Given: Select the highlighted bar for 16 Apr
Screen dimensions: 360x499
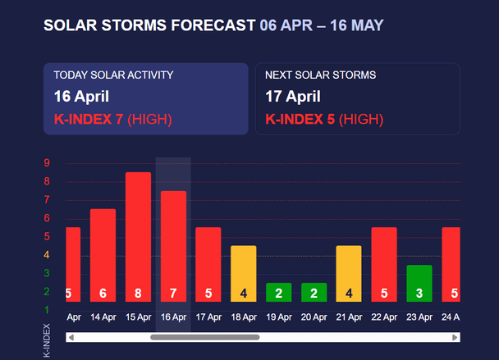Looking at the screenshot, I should pyautogui.click(x=173, y=246).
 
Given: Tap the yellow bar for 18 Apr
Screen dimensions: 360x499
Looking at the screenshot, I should pyautogui.click(x=243, y=273).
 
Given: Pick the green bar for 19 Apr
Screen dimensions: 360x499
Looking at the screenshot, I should pyautogui.click(x=278, y=292).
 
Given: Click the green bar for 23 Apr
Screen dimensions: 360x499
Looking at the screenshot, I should pyautogui.click(x=419, y=283).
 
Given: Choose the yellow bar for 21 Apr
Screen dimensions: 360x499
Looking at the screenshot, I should pyautogui.click(x=349, y=273).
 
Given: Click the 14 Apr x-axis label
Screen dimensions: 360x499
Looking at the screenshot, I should pyautogui.click(x=103, y=317).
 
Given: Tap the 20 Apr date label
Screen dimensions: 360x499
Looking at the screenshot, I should pyautogui.click(x=314, y=317).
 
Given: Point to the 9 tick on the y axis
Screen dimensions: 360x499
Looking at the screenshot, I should pyautogui.click(x=47, y=163).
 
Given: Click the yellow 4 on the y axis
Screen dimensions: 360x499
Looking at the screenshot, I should pyautogui.click(x=47, y=254).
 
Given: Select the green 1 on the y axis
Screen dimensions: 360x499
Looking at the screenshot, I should pyautogui.click(x=47, y=309).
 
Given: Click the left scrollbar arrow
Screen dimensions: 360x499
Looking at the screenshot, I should pyautogui.click(x=71, y=337).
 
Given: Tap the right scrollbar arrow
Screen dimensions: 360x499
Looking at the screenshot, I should pyautogui.click(x=456, y=337).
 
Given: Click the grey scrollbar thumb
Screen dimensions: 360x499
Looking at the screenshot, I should pyautogui.click(x=204, y=337).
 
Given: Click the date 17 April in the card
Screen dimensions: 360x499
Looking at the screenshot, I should pyautogui.click(x=292, y=97).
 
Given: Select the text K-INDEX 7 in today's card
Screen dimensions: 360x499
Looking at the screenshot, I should pyautogui.click(x=89, y=120).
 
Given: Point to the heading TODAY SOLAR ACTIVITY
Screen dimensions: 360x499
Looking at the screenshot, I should pyautogui.click(x=113, y=75).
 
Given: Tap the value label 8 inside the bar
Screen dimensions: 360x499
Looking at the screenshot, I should pyautogui.click(x=138, y=293).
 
